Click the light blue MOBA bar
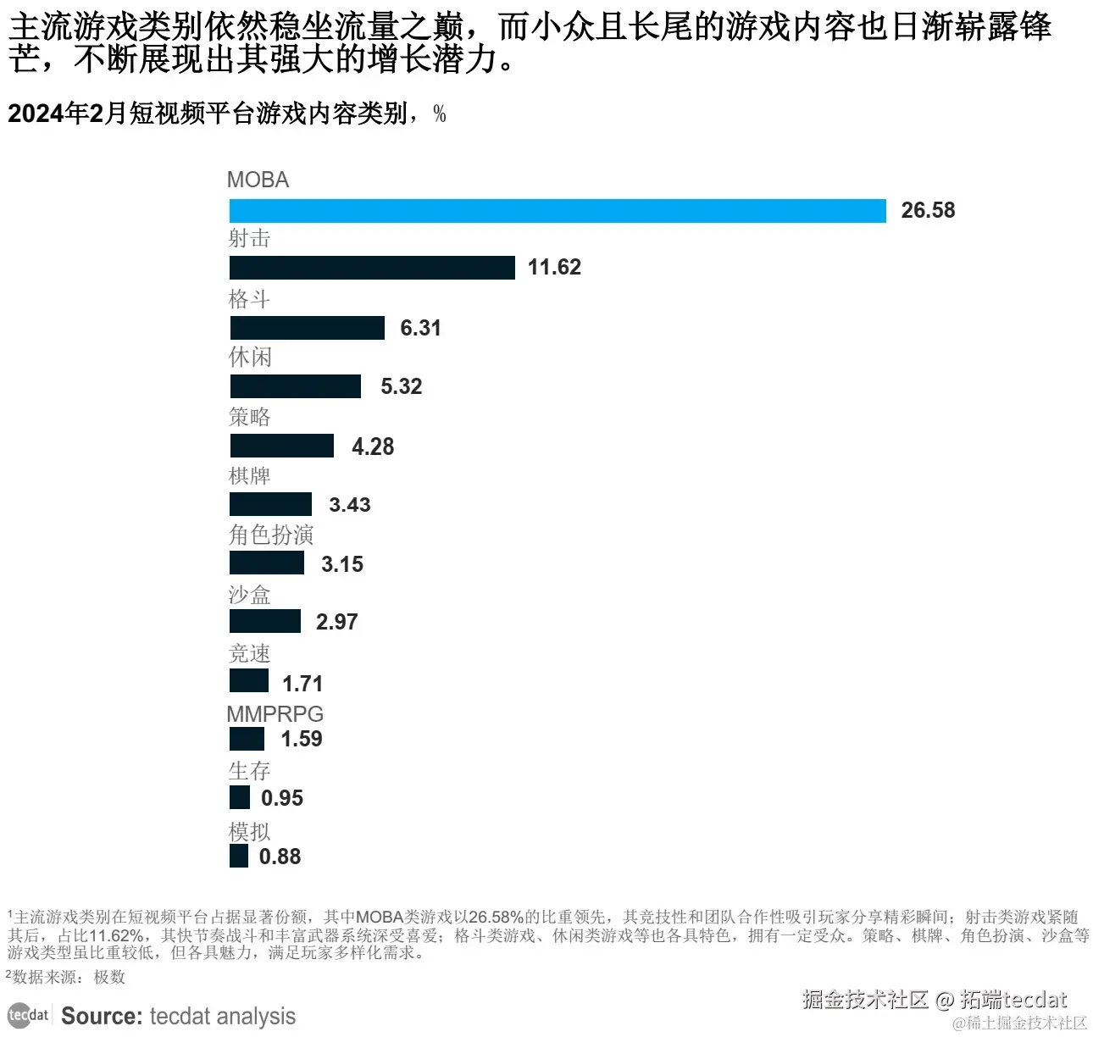point(558,211)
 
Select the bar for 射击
point(372,268)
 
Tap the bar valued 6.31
point(307,328)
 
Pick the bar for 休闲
point(295,386)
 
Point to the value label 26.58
point(928,211)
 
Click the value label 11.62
point(554,268)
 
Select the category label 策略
point(249,417)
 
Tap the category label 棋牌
point(249,476)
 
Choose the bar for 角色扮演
point(266,563)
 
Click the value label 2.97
point(336,622)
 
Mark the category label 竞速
point(249,654)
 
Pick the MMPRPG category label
point(275,714)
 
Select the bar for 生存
point(240,797)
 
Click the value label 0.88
point(280,857)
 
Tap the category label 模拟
point(249,832)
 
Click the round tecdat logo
point(27,1015)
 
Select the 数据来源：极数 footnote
point(68,977)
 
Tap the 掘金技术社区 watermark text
point(865,1000)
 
